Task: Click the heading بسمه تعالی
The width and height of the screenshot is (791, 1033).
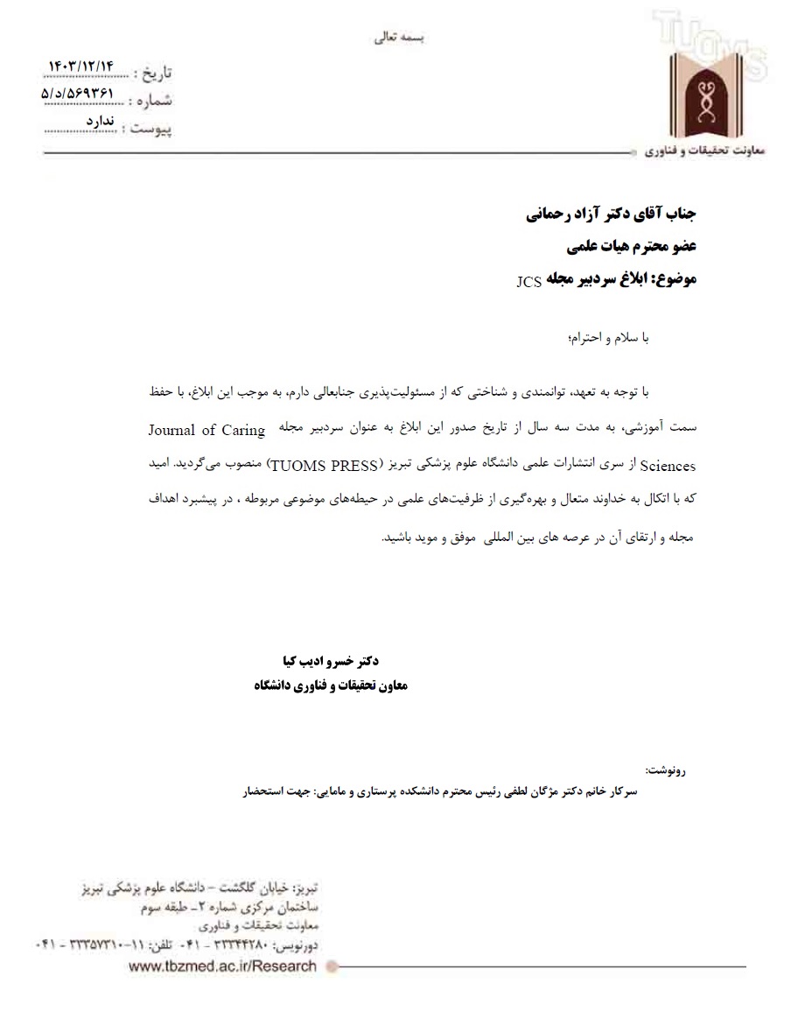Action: pos(398,39)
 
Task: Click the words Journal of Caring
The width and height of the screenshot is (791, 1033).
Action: pos(206,430)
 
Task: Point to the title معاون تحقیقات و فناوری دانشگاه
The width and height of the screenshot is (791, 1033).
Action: pos(331,685)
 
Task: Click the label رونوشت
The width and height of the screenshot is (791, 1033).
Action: pos(666,771)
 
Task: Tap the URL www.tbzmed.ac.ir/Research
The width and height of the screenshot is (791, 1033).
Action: pos(222,966)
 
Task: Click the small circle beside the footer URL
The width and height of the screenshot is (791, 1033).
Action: pos(331,966)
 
